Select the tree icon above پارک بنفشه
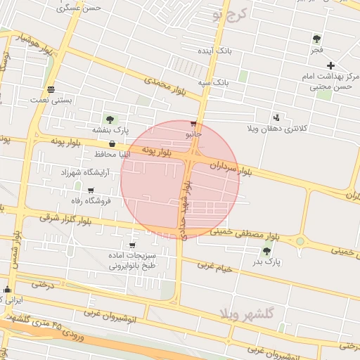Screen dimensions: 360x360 pyautogui.click(x=110, y=119)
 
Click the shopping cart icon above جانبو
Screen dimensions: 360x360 pyautogui.click(x=193, y=124)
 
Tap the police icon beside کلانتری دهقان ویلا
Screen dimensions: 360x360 pyautogui.click(x=276, y=117)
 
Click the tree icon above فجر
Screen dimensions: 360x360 pyautogui.click(x=316, y=39)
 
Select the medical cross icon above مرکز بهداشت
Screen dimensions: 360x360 pyautogui.click(x=330, y=65)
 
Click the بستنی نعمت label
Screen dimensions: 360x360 pyautogui.click(x=50, y=101)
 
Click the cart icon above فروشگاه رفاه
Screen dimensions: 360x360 pyautogui.click(x=91, y=190)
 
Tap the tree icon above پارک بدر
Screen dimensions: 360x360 pyautogui.click(x=266, y=251)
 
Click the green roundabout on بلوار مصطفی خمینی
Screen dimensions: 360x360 pyautogui.click(x=300, y=241)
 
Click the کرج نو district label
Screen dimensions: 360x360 pyautogui.click(x=231, y=14)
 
